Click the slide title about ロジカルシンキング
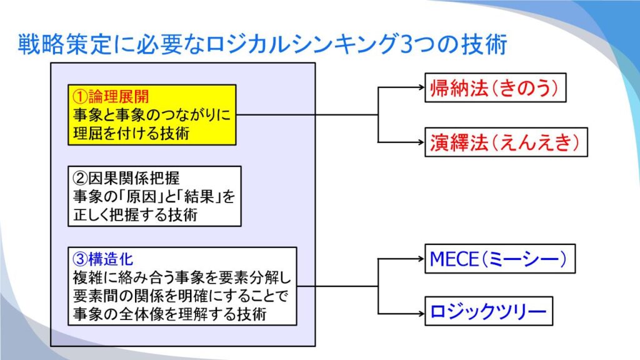pyautogui.click(x=262, y=44)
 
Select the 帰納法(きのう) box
pyautogui.click(x=495, y=87)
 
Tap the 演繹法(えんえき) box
pyautogui.click(x=506, y=142)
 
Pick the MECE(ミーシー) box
pyautogui.click(x=500, y=259)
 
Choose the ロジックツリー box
pyautogui.click(x=489, y=311)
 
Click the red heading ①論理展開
pyautogui.click(x=111, y=97)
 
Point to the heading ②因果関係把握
pyautogui.click(x=126, y=178)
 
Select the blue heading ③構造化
pyautogui.click(x=103, y=259)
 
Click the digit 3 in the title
pyautogui.click(x=406, y=44)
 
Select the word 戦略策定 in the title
pyautogui.click(x=64, y=44)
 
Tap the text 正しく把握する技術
pyautogui.click(x=135, y=215)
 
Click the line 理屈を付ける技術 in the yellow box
pyautogui.click(x=131, y=134)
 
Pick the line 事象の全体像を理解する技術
pyautogui.click(x=170, y=314)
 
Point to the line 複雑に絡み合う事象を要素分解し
pyautogui.click(x=182, y=277)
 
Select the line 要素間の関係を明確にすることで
pyautogui.click(x=181, y=296)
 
